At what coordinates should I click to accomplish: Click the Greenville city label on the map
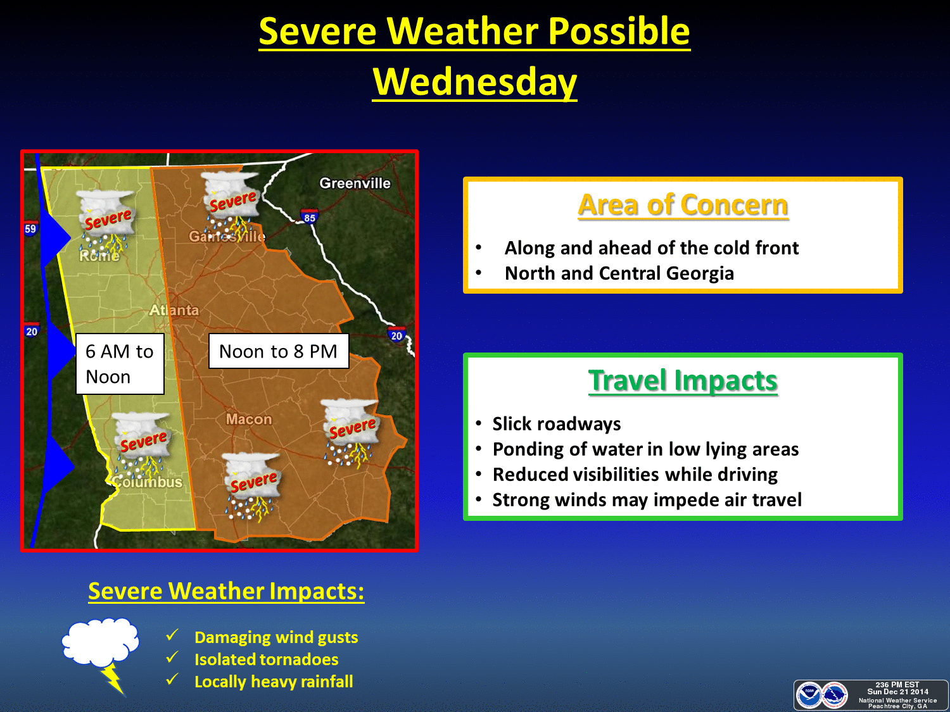coord(355,184)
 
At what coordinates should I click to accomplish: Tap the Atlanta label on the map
coord(174,310)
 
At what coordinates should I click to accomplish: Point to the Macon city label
coord(249,419)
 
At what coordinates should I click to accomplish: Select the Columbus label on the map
coord(147,482)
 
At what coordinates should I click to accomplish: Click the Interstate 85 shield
coord(310,216)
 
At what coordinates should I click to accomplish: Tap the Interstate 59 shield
coord(30,228)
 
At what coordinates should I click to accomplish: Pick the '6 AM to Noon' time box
coord(120,363)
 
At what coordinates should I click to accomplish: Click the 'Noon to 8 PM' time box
coord(278,351)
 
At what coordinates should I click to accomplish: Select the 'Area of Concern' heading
coord(683,205)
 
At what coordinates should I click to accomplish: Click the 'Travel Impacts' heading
coord(683,381)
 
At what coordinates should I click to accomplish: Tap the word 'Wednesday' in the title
coord(475,82)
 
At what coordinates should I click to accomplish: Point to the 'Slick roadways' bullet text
coord(557,423)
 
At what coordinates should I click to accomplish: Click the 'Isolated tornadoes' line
coord(266,659)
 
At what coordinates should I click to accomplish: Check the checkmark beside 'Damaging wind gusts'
coord(172,635)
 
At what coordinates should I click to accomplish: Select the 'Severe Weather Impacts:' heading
coord(226,591)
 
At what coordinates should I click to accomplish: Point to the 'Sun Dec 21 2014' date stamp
coord(897,692)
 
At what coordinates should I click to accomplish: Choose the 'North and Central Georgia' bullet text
coord(619,273)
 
